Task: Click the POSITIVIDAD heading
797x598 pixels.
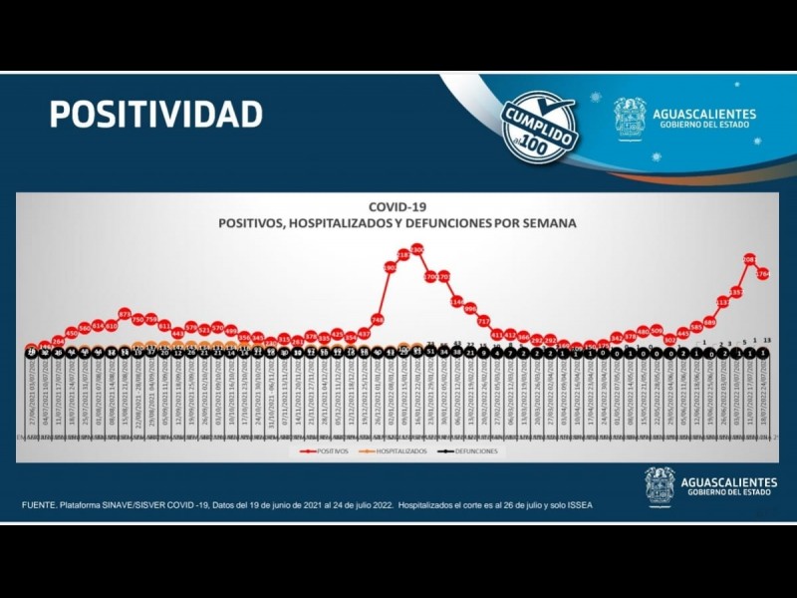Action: (156, 114)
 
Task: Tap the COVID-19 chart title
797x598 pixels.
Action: (398, 209)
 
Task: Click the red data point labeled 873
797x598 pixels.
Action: (125, 314)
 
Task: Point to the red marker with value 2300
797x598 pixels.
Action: (417, 249)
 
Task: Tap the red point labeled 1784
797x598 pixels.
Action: (763, 273)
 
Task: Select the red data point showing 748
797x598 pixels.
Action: (378, 320)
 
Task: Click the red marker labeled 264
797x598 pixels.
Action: (58, 341)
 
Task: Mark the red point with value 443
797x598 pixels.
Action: (178, 333)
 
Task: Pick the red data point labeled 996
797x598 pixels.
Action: (470, 308)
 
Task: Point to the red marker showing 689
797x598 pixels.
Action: (710, 322)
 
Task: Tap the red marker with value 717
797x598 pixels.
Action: (484, 321)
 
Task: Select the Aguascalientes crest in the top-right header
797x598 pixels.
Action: (630, 117)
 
